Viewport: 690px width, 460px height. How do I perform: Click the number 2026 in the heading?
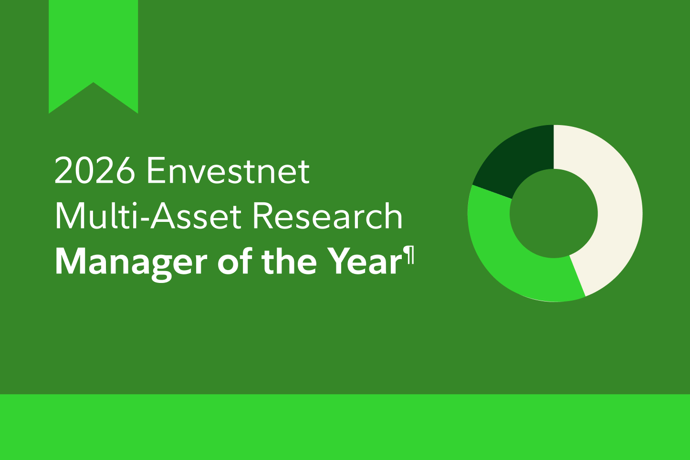pos(95,170)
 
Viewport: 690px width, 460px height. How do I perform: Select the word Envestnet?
pos(228,170)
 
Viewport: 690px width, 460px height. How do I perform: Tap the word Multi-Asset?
pos(148,215)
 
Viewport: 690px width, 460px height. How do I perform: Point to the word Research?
pos(327,215)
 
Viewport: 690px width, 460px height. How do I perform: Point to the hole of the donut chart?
pos(554,213)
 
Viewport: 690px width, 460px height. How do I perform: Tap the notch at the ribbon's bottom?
pos(94,83)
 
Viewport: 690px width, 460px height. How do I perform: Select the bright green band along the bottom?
pos(345,427)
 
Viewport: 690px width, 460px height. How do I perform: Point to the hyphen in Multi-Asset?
pos(144,220)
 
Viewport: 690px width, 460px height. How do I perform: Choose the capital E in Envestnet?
pos(156,170)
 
